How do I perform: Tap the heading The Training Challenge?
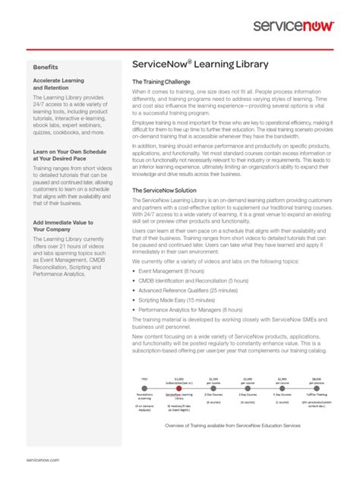162,81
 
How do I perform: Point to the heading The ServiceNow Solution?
165,191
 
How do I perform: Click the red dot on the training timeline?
178,387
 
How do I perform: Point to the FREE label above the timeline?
144,377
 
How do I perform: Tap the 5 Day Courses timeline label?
282,394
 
